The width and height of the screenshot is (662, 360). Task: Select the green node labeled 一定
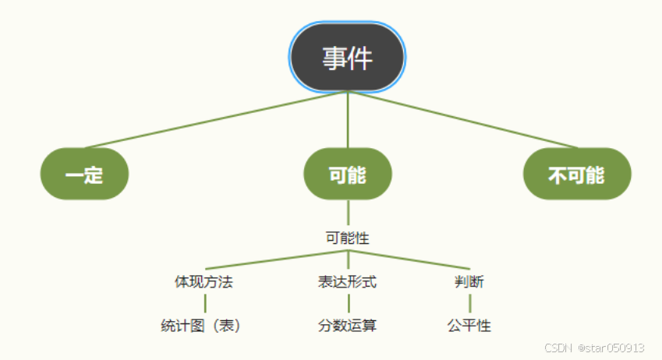click(84, 175)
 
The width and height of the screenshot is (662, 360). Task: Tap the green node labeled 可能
click(347, 175)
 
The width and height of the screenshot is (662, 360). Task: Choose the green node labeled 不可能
click(576, 175)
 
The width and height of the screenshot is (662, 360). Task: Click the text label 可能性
click(347, 238)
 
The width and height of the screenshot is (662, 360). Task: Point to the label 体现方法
click(204, 282)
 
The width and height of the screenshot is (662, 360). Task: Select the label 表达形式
click(347, 282)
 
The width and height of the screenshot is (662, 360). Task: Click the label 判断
click(469, 282)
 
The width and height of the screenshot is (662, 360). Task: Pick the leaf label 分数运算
click(347, 326)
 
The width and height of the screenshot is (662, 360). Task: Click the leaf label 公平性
click(469, 326)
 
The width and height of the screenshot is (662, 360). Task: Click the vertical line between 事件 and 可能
click(348, 121)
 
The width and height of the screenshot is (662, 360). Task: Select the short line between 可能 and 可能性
click(348, 213)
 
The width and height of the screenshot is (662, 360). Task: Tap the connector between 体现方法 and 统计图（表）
click(205, 304)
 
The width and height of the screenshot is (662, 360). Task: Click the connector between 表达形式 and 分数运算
click(348, 304)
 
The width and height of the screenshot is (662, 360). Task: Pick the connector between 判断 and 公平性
click(470, 304)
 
